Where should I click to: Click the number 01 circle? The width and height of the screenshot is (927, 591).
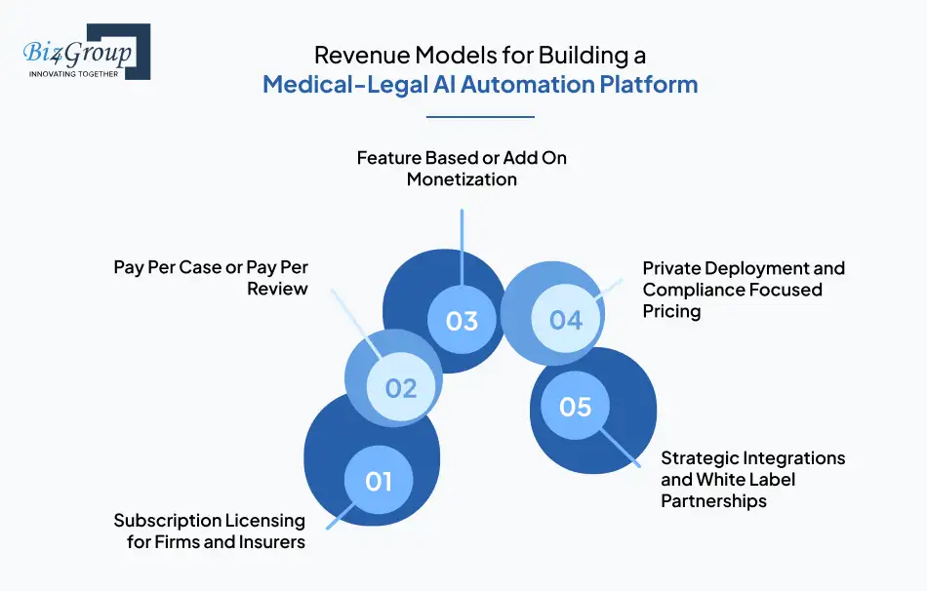[x=379, y=480]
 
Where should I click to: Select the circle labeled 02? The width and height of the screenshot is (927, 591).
[x=401, y=387]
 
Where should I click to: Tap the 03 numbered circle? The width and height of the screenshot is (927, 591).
[x=462, y=321]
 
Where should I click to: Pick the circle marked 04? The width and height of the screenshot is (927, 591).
[x=565, y=319]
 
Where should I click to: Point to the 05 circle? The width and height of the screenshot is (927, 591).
[x=576, y=406]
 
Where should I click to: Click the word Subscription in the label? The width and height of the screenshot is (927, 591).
[x=169, y=520]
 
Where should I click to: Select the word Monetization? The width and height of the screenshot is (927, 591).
[x=462, y=179]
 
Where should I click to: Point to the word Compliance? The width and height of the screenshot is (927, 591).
[x=691, y=289]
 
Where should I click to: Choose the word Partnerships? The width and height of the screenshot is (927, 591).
[x=713, y=501]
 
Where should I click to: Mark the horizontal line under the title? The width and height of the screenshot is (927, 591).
[x=481, y=117]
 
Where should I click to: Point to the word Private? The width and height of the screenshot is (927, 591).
[x=672, y=267]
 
